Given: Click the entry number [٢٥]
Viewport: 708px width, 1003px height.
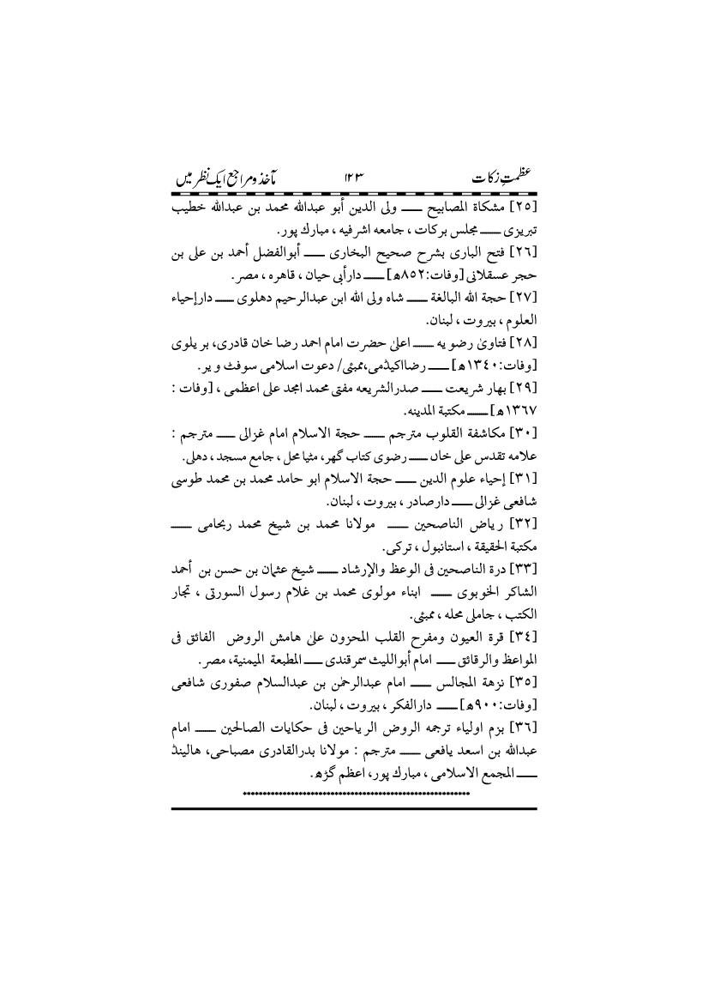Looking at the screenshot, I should click(521, 208).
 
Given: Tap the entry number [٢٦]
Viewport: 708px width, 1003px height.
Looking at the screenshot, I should click(521, 255).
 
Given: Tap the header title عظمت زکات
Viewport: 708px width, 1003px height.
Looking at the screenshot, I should click(501, 178).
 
